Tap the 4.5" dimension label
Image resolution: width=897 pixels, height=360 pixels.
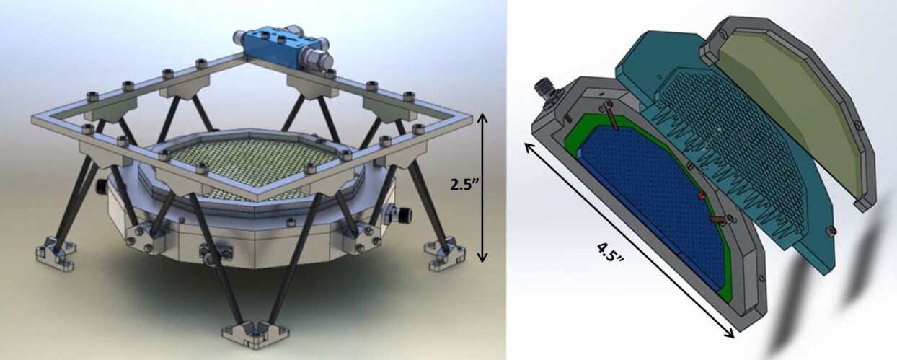[610, 252]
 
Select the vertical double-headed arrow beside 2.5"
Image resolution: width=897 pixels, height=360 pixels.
[482, 188]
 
